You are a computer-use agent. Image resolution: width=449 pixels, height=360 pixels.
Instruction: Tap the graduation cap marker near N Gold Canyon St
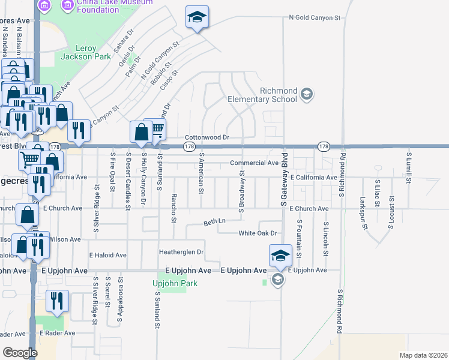(x=196, y=18)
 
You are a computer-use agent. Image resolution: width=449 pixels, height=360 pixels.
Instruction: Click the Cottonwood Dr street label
(x=207, y=137)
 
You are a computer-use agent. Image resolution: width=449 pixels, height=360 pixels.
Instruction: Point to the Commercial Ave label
(x=255, y=163)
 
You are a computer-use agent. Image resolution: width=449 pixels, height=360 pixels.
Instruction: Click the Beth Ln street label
(x=214, y=221)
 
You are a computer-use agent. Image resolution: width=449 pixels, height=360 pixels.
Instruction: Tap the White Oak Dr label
(x=258, y=233)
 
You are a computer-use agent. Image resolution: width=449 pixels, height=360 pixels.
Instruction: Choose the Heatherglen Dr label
(x=181, y=251)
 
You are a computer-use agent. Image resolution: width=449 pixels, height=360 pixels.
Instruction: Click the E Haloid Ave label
(x=107, y=255)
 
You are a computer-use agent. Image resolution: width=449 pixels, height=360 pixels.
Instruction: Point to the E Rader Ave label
(x=58, y=332)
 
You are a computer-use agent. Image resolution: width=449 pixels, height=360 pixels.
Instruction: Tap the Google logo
(x=20, y=352)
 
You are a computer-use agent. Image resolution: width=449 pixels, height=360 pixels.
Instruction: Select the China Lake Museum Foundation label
(x=107, y=6)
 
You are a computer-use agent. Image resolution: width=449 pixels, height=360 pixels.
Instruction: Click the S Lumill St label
(x=409, y=166)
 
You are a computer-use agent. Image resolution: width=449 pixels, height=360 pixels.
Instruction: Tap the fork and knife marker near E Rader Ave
(x=57, y=301)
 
